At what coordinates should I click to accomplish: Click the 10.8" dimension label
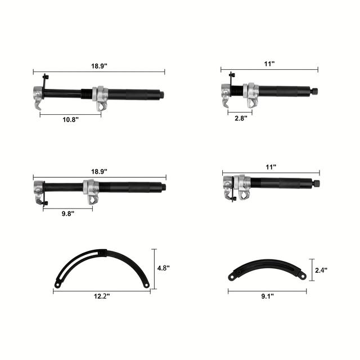pyautogui.click(x=70, y=120)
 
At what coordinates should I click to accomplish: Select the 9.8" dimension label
pyautogui.click(x=67, y=213)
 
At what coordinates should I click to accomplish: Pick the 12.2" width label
pyautogui.click(x=102, y=296)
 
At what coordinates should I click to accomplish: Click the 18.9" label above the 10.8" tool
pyautogui.click(x=98, y=66)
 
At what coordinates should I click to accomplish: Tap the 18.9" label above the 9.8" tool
pyautogui.click(x=98, y=171)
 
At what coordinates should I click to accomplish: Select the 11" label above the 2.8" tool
pyautogui.click(x=269, y=64)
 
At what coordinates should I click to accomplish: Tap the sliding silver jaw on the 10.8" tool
pyautogui.click(x=101, y=97)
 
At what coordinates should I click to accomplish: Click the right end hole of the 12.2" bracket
pyautogui.click(x=146, y=285)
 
